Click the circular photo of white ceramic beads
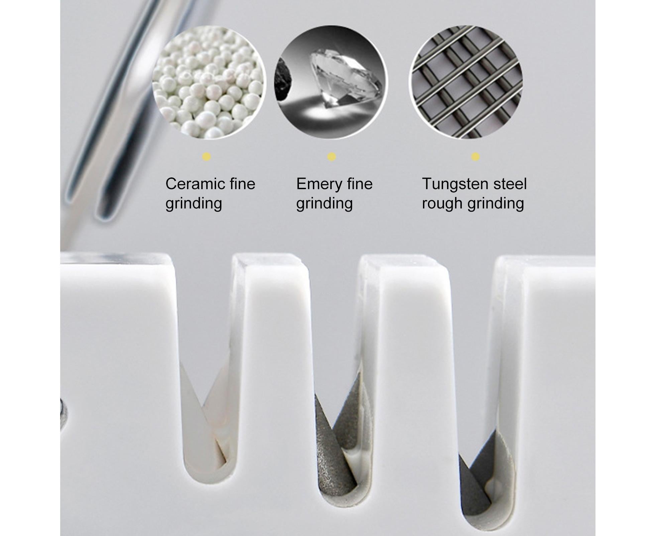(209, 83)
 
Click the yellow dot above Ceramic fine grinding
(206, 157)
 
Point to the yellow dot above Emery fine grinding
(331, 157)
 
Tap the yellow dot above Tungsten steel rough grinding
(475, 157)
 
